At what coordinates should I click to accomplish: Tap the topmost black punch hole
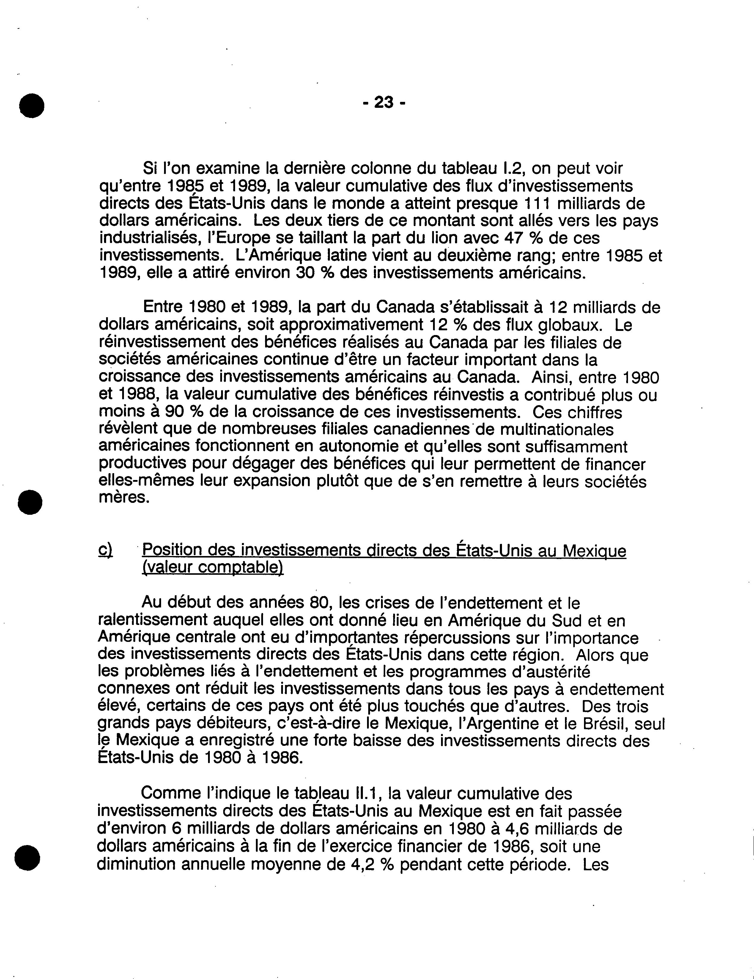pyautogui.click(x=32, y=105)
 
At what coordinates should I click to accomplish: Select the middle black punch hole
pyautogui.click(x=30, y=502)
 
